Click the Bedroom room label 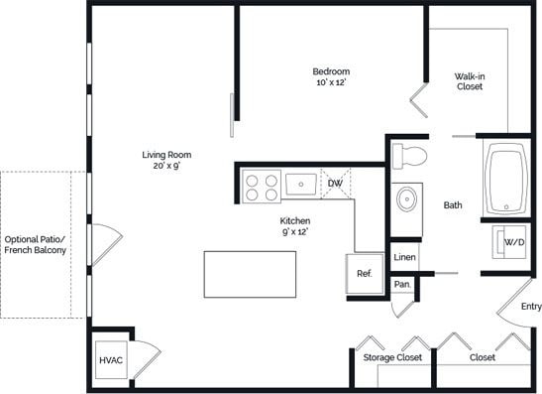tap(331, 71)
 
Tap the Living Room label tap(166, 155)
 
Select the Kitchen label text tap(295, 220)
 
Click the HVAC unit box tap(110, 358)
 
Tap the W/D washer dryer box tap(514, 242)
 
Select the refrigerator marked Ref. tap(364, 273)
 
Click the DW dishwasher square tap(335, 184)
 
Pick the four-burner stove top tap(262, 187)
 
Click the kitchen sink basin tap(300, 184)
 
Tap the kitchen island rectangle tap(250, 274)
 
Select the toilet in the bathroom tap(407, 156)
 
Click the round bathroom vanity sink tap(406, 199)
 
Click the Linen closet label tap(404, 258)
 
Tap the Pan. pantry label tap(402, 284)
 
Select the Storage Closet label tap(392, 357)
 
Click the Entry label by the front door tap(531, 307)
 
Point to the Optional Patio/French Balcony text tap(36, 245)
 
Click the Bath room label tap(453, 205)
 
